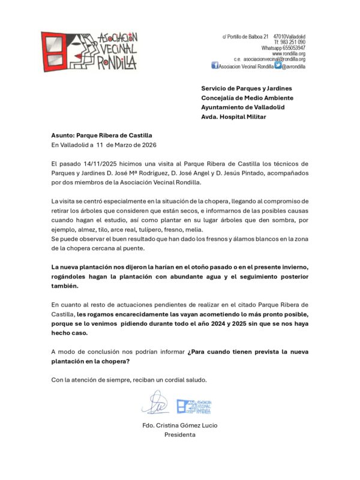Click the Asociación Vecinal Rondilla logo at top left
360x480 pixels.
tap(89, 52)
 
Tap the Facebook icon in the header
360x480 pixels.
tap(215, 66)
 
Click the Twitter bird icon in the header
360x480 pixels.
tap(278, 66)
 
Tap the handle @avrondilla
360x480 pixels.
tap(294, 67)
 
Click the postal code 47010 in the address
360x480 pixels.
tap(280, 37)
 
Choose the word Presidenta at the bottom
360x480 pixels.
tap(180, 435)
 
